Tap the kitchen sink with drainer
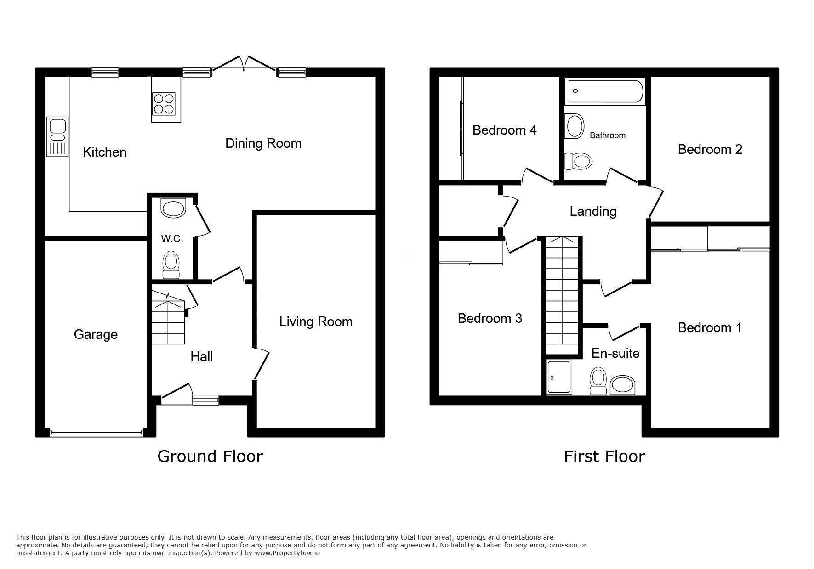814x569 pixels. tap(57, 137)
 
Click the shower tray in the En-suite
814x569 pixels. tap(559, 377)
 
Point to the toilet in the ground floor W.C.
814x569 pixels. tap(171, 265)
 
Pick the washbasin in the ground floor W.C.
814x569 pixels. tap(173, 208)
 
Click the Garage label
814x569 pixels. tap(96, 334)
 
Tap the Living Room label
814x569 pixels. tap(316, 321)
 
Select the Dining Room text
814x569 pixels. tap(263, 143)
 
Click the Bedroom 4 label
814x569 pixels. tap(504, 130)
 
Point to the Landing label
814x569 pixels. tap(593, 211)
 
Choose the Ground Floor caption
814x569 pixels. tap(210, 456)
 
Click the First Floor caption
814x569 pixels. tap(604, 456)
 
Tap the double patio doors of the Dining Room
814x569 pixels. tap(244, 64)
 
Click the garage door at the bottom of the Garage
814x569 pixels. tap(96, 433)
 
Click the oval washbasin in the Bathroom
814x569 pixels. tap(574, 126)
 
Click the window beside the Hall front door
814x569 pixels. tap(205, 400)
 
